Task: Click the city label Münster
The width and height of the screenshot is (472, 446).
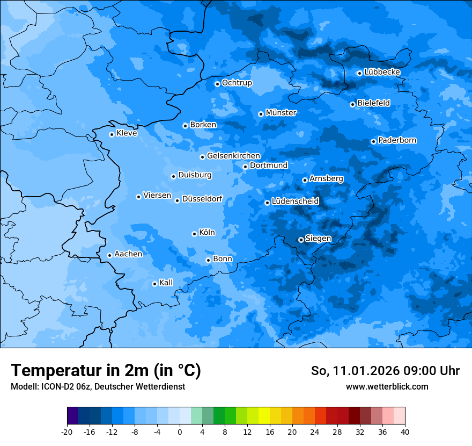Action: (x=281, y=113)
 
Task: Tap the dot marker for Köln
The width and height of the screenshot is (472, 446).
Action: (x=194, y=234)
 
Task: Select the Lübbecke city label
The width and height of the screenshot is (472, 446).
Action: (x=382, y=72)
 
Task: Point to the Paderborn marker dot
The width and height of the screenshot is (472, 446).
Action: (x=373, y=141)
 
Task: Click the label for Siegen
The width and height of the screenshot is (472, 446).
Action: (x=318, y=239)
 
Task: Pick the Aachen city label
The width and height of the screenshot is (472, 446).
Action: (x=128, y=254)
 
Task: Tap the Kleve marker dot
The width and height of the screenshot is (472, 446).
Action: (x=112, y=134)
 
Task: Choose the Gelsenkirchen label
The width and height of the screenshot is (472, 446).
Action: (x=233, y=156)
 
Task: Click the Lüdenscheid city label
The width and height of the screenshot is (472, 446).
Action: (x=295, y=202)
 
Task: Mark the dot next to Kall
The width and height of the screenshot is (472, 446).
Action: (x=154, y=284)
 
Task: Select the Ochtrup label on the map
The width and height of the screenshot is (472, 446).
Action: (x=237, y=83)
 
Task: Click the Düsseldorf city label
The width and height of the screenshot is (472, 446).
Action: (x=202, y=199)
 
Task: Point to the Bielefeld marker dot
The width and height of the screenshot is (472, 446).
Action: (x=352, y=104)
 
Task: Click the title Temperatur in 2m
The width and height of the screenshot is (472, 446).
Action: (x=106, y=370)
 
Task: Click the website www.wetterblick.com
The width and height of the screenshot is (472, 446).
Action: (x=387, y=386)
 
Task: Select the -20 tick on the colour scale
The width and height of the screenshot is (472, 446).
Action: (x=67, y=431)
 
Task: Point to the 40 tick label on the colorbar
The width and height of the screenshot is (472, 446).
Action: (x=405, y=431)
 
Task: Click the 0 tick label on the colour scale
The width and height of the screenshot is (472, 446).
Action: (x=180, y=431)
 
